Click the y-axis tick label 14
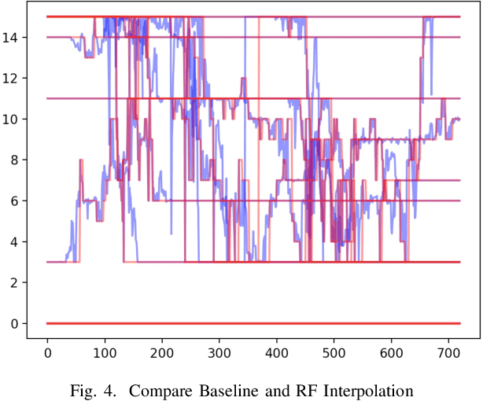[x=12, y=37]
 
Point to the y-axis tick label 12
[x=12, y=78]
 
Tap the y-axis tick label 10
[x=12, y=119]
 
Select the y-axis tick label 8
[x=15, y=160]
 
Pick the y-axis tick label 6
[x=15, y=200]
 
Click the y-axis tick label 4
[x=15, y=241]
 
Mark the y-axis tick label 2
[x=15, y=282]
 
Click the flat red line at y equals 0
[x=236, y=323]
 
